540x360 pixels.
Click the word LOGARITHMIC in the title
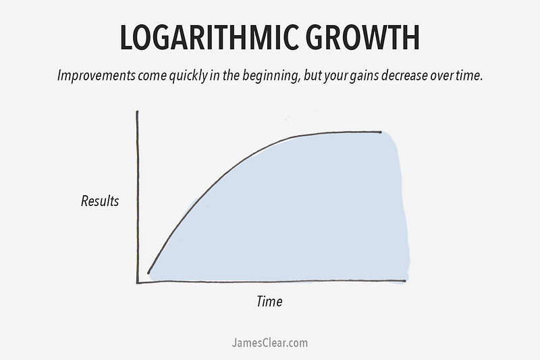pyautogui.click(x=209, y=38)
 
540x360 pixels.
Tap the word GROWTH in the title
pyautogui.click(x=362, y=38)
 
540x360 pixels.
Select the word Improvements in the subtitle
pyautogui.click(x=97, y=76)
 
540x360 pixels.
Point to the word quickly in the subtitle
pyautogui.click(x=188, y=76)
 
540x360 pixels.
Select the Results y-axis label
pyautogui.click(x=100, y=201)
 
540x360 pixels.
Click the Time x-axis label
pyautogui.click(x=269, y=301)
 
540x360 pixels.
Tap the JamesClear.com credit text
pyautogui.click(x=269, y=343)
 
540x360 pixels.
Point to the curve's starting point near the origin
pyautogui.click(x=148, y=273)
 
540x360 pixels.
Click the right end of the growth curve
pyautogui.click(x=381, y=132)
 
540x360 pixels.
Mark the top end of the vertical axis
pyautogui.click(x=138, y=111)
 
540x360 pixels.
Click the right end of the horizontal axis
pyautogui.click(x=405, y=281)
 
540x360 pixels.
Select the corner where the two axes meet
pyautogui.click(x=138, y=283)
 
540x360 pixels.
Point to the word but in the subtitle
pyautogui.click(x=312, y=76)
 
